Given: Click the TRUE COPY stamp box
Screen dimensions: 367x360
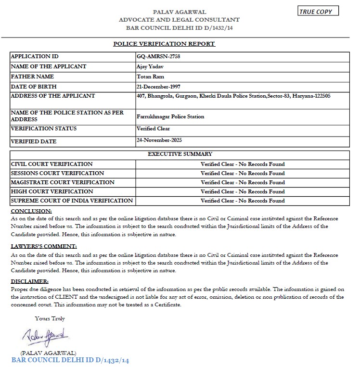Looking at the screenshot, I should click(318, 12).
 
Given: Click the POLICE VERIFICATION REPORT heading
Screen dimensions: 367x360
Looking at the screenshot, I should click(164, 44).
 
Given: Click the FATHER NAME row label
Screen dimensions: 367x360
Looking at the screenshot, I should click(32, 76).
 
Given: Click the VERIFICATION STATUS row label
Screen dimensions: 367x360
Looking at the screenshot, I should click(43, 128).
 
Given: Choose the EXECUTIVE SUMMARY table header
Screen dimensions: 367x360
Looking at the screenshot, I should click(180, 154).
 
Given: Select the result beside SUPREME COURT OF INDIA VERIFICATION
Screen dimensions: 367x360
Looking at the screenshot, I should click(243, 201).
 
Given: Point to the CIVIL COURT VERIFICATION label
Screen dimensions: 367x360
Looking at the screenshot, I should click(51, 164).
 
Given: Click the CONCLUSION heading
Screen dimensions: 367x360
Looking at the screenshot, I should click(31, 211).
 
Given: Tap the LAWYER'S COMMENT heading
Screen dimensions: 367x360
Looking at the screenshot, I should click(44, 246).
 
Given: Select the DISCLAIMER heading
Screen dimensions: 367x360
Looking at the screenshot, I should click(29, 281).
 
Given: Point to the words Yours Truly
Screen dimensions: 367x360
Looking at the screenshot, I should click(50, 318).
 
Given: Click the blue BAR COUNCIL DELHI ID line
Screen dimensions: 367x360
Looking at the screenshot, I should click(70, 360).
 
